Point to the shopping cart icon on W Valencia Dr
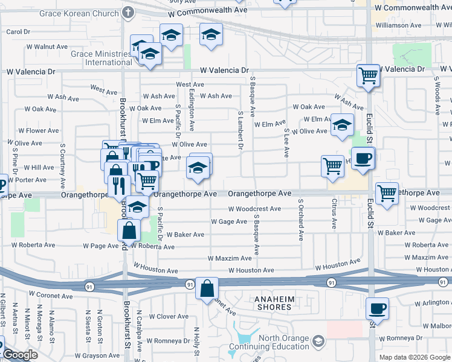pos(368,76)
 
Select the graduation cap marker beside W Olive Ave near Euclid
pos(343,125)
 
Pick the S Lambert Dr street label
pos(241,130)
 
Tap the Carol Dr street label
pos(18,31)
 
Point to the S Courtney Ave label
pos(62,157)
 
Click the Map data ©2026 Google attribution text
pos(415,357)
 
